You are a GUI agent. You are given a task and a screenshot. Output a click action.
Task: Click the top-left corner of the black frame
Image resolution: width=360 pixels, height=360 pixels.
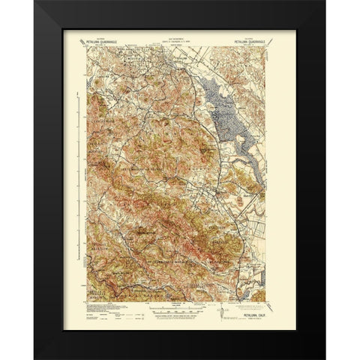click(35, 3)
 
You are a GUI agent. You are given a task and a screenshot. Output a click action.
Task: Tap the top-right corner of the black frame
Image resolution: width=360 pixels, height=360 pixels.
click(324, 3)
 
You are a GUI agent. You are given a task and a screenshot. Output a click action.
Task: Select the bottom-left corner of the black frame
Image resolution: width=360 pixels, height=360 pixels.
click(35, 357)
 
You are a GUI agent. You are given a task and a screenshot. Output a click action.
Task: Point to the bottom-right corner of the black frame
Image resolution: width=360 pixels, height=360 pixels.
click(324, 357)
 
